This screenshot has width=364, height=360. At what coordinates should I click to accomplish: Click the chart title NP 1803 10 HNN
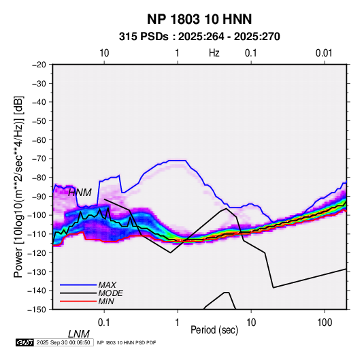(199, 19)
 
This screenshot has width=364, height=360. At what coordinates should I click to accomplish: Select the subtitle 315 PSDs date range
(199, 37)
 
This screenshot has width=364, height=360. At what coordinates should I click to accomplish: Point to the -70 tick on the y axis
(39, 159)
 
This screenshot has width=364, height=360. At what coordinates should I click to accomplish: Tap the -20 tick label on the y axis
(39, 65)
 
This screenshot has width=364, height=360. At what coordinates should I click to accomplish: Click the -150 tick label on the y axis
(37, 310)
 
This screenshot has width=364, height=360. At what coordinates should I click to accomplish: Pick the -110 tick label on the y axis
(37, 234)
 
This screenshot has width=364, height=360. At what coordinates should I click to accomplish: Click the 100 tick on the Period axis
(325, 323)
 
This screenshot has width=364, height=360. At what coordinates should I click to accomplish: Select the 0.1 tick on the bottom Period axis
(104, 323)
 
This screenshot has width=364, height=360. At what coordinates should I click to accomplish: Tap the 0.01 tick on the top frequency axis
(324, 53)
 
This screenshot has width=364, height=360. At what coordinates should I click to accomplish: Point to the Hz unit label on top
(214, 53)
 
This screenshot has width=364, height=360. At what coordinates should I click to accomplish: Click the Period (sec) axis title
(214, 330)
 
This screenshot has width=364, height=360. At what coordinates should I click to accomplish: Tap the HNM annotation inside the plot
(80, 193)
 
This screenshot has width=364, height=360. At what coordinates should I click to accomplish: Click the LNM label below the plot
(79, 334)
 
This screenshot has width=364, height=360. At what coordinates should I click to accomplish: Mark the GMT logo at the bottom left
(25, 342)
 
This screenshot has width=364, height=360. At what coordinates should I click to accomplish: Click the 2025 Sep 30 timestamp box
(63, 342)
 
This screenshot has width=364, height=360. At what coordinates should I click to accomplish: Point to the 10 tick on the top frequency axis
(104, 53)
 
